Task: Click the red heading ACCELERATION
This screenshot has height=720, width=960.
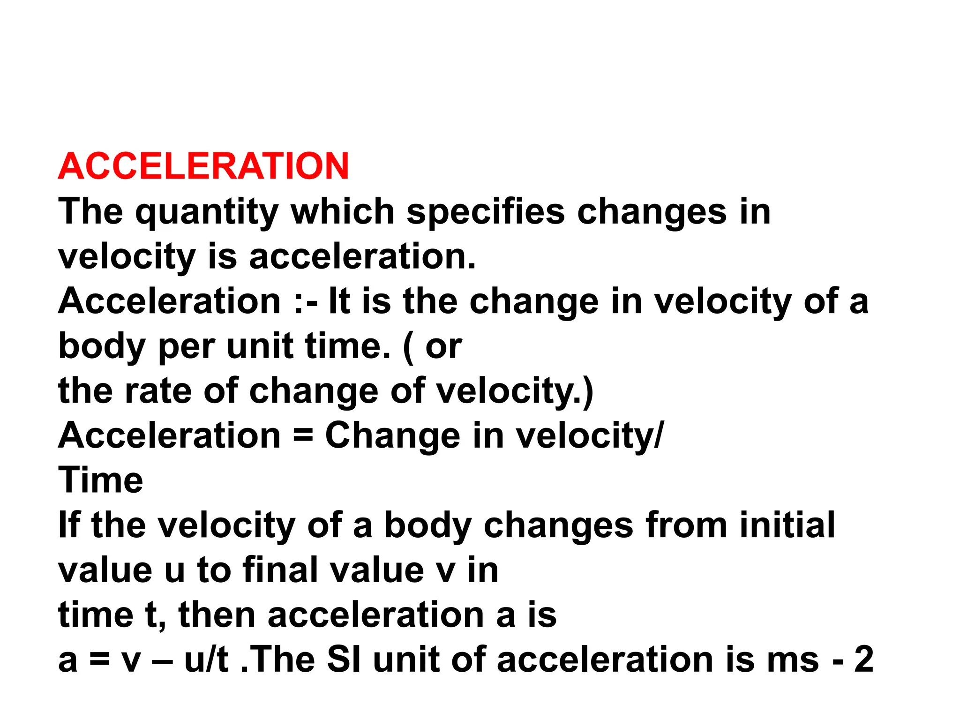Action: point(203,166)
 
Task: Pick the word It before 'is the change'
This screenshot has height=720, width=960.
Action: point(339,301)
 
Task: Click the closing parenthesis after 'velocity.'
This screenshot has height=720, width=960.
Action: point(588,391)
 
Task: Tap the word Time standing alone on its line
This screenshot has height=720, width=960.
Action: point(100,480)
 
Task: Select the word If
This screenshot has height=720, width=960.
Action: point(68,525)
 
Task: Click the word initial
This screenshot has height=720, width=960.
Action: point(787,525)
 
